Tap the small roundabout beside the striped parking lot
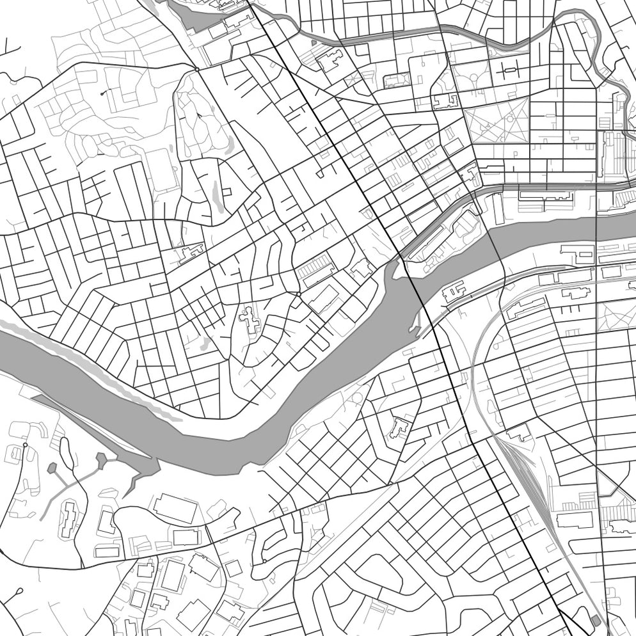pos(298,294)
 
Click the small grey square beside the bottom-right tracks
pos(596,620)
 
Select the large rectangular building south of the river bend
pos(175,507)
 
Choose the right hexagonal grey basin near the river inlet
pos(101,458)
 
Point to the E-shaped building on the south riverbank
pos(453,292)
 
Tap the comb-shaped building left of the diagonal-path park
pos(446,101)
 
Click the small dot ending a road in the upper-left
pos(102,93)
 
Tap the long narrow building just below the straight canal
pos(543,195)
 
